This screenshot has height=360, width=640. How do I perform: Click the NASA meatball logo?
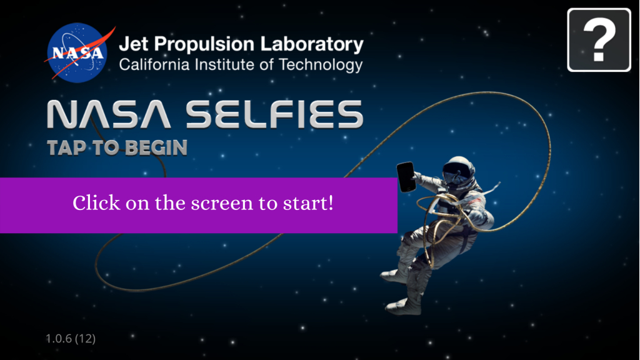tap(77, 52)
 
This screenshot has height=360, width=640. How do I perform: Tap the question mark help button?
tap(599, 40)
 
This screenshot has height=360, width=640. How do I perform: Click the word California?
tap(154, 64)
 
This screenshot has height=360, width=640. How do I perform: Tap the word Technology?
tap(321, 65)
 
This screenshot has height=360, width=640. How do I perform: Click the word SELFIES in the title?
tap(275, 114)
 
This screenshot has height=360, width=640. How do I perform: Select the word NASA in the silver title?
tap(109, 114)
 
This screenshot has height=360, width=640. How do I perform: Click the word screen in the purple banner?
tap(222, 204)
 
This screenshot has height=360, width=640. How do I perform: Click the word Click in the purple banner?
tap(96, 202)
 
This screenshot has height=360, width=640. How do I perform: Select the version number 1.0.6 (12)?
tap(70, 338)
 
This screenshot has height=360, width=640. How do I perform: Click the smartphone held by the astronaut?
tap(406, 177)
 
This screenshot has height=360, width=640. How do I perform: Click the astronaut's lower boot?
tap(402, 306)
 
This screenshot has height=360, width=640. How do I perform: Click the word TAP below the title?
tap(66, 147)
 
